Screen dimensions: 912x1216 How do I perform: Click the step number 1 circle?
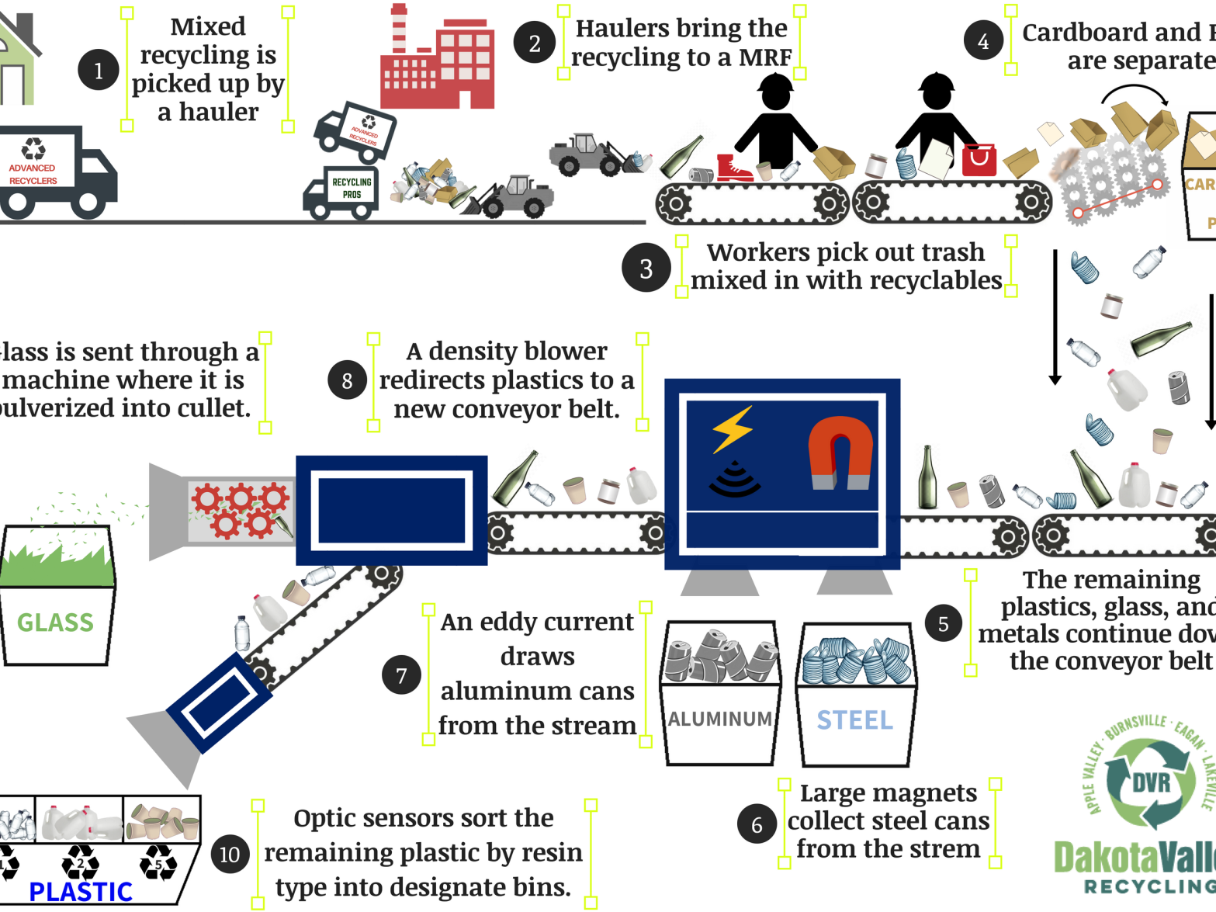pyautogui.click(x=99, y=71)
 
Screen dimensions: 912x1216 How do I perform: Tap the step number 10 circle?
pyautogui.click(x=230, y=854)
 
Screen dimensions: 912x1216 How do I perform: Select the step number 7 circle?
pyautogui.click(x=401, y=675)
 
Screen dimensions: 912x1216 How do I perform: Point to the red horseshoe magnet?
pyautogui.click(x=840, y=453)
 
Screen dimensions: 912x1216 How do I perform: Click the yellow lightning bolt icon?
pyautogui.click(x=732, y=428)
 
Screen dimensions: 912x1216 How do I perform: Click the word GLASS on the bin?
pyautogui.click(x=55, y=622)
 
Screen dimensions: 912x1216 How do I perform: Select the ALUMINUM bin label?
pyautogui.click(x=719, y=720)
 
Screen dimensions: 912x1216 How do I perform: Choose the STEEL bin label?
pyautogui.click(x=855, y=720)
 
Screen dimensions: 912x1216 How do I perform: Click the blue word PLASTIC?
pyautogui.click(x=81, y=892)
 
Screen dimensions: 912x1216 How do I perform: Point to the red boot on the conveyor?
pyautogui.click(x=733, y=168)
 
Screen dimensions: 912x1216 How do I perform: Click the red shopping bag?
pyautogui.click(x=979, y=160)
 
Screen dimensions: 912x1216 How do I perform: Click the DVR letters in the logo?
pyautogui.click(x=1152, y=782)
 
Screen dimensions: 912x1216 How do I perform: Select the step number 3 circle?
pyautogui.click(x=646, y=269)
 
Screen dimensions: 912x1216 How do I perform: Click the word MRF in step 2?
pyautogui.click(x=765, y=57)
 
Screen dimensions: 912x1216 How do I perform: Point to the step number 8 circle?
pyautogui.click(x=347, y=380)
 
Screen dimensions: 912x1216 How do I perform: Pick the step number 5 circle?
pyautogui.click(x=944, y=623)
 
